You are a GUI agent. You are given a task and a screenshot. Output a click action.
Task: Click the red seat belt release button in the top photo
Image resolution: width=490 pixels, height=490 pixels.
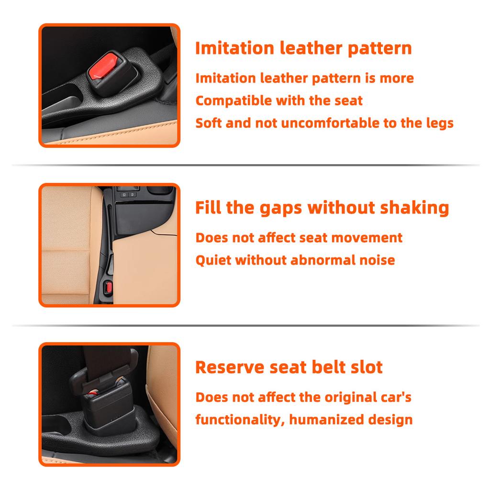tap(103, 66)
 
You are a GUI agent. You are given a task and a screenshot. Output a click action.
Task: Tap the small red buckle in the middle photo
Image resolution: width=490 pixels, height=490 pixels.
tap(109, 288)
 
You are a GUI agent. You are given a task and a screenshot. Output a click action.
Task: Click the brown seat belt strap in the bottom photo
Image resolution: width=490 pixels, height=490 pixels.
tap(106, 359)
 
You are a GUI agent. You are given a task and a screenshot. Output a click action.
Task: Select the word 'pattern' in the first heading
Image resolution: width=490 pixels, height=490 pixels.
tap(379, 49)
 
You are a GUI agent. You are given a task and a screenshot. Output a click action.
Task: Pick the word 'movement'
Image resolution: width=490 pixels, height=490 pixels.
tap(367, 238)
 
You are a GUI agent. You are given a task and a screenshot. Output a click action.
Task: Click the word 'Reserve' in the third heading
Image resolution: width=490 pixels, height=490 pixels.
tap(230, 367)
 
